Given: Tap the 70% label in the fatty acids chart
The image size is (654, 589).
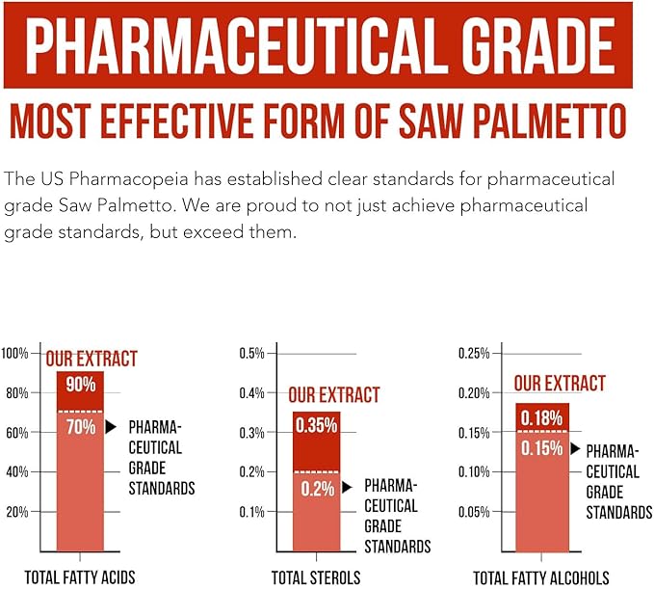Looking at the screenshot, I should click(x=81, y=425).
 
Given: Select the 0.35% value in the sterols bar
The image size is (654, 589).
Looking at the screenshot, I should click(x=316, y=426).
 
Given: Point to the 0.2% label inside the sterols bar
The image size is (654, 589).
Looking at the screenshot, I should click(x=316, y=489).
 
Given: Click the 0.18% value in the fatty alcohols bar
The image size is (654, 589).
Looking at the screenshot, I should click(x=542, y=416).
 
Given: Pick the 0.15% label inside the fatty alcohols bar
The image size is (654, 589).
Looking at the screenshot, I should click(x=542, y=448).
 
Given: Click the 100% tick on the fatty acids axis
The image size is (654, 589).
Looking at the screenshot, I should click(x=14, y=354).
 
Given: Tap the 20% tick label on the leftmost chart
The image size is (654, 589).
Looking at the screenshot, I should click(x=17, y=512).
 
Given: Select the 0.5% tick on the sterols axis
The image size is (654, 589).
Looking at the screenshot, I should click(x=251, y=354).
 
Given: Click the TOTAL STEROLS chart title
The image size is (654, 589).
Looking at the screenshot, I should click(x=316, y=578).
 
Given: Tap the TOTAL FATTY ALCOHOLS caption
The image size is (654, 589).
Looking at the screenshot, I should click(x=540, y=578).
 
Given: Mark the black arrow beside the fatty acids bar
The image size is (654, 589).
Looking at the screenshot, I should click(x=111, y=426).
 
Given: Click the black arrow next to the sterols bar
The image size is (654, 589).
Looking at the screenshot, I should click(x=347, y=488).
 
